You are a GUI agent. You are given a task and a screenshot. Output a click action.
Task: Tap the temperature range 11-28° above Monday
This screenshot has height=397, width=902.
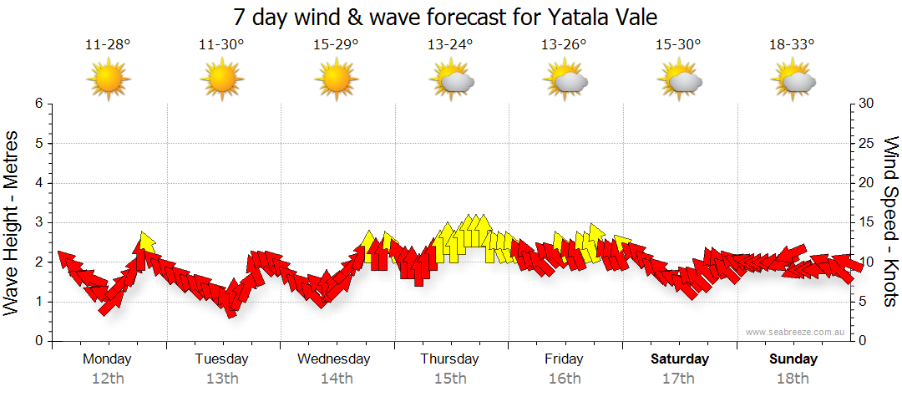coord(108,45)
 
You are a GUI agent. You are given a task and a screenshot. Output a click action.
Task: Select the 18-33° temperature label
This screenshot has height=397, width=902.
coord(792,45)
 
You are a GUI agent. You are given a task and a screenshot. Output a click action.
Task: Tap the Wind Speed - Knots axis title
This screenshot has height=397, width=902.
coord(890,221)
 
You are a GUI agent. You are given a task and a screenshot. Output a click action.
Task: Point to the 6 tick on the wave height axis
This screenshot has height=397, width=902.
coord(38,104)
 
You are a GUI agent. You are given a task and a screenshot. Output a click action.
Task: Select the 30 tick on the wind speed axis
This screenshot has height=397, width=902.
coord(867,104)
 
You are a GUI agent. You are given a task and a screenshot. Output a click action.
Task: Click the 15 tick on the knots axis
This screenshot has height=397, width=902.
coord(867,222)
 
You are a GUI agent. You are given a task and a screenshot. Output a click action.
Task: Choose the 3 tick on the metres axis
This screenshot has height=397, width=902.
coord(38,222)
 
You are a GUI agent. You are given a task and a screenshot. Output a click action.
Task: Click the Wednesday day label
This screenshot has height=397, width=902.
coord(334,359)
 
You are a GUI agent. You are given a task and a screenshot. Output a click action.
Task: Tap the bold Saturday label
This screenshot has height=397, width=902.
coord(680,359)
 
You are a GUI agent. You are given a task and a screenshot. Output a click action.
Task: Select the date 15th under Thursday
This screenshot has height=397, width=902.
coord(450,379)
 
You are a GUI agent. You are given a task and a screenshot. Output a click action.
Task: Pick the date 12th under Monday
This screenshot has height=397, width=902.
coord(108,379)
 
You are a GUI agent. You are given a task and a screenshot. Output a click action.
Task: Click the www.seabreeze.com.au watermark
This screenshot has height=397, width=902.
coord(797,332)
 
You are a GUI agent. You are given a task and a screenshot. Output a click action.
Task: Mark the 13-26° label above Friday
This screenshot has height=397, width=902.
coord(564,45)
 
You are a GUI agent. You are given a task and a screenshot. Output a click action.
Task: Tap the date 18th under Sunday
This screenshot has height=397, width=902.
coord(793,379)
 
